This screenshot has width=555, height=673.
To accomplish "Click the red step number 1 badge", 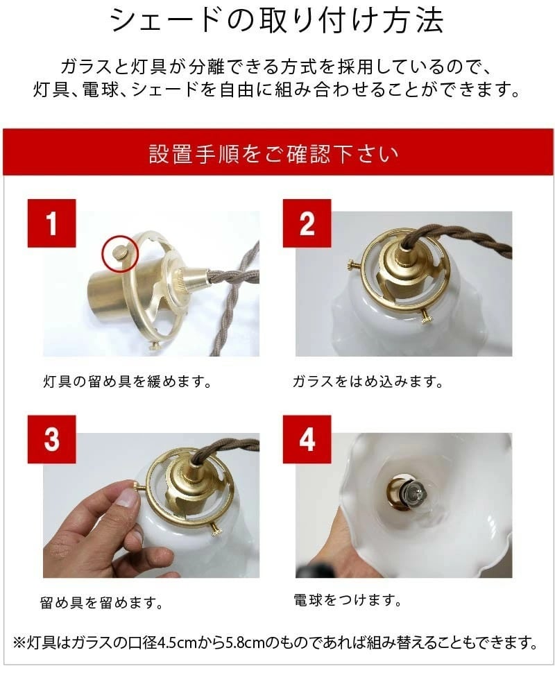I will click(x=52, y=223).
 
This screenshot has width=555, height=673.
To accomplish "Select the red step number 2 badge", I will click(x=307, y=223).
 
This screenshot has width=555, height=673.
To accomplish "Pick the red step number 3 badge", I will click(x=52, y=439).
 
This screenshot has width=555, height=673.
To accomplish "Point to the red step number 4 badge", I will click(x=307, y=439).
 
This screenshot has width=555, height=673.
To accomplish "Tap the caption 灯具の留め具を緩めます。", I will click(x=126, y=382).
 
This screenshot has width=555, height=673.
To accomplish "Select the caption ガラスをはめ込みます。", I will click(x=368, y=382).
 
